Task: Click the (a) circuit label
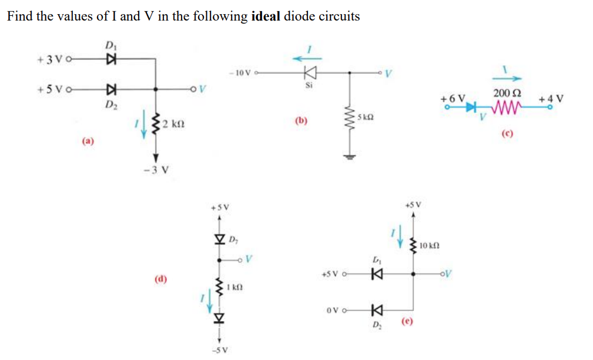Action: pyautogui.click(x=88, y=141)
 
